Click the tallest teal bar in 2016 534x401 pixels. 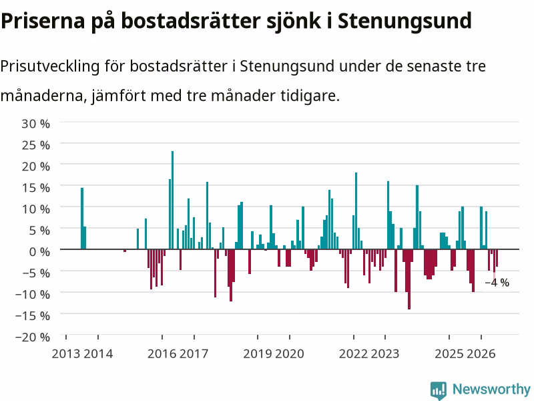[x=172, y=200]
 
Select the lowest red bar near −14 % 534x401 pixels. [x=409, y=279]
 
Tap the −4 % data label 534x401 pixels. [x=497, y=283]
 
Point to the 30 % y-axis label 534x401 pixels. [x=36, y=124]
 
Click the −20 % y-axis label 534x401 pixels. [x=33, y=337]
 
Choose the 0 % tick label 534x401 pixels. [x=39, y=252]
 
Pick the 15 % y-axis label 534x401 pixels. [x=36, y=188]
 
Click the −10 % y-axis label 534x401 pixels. [x=33, y=294]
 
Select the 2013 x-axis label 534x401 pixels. [x=66, y=354]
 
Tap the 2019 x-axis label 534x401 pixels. [x=258, y=354]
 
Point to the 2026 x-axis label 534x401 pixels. [x=481, y=354]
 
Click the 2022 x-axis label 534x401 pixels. [x=354, y=354]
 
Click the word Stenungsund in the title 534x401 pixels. [x=405, y=21]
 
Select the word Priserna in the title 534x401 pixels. [x=43, y=21]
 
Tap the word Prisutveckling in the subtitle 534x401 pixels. [x=49, y=66]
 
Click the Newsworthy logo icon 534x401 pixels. [x=439, y=390]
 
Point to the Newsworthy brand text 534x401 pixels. [x=491, y=389]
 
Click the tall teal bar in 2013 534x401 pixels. [x=82, y=219]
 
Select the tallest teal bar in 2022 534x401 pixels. [x=356, y=211]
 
